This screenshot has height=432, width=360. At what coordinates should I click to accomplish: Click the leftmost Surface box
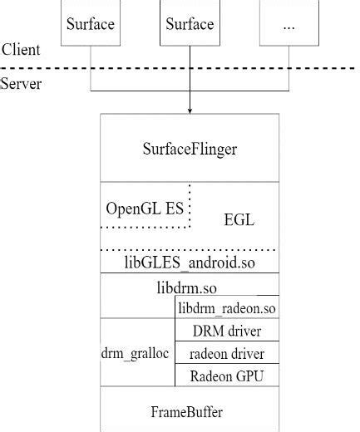(x=90, y=23)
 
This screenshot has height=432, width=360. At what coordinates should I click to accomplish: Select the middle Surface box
(x=190, y=23)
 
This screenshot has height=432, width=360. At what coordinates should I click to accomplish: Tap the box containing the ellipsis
(x=288, y=23)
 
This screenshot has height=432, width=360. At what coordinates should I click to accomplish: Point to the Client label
(x=21, y=50)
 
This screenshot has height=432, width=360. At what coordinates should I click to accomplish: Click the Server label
(x=21, y=83)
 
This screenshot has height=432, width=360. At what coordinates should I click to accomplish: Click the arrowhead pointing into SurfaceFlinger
(x=190, y=110)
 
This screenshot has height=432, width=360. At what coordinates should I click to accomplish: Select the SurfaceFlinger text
(x=190, y=150)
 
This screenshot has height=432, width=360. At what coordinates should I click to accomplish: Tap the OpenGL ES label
(x=145, y=209)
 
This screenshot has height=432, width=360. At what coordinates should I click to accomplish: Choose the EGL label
(x=239, y=219)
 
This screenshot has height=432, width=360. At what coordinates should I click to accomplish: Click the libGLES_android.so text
(x=190, y=264)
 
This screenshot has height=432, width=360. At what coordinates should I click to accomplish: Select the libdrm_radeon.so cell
(x=227, y=309)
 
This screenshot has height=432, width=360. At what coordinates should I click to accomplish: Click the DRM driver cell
(x=227, y=331)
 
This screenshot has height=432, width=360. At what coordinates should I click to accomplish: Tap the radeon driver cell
(x=227, y=353)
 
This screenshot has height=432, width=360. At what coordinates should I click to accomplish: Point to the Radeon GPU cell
(x=227, y=376)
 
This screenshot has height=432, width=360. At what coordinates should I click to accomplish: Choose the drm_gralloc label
(x=136, y=353)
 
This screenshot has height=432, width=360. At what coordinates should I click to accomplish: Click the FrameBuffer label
(x=187, y=411)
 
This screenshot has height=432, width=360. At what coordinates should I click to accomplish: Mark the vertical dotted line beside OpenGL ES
(x=190, y=204)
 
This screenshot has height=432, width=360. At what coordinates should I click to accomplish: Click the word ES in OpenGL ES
(x=174, y=209)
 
